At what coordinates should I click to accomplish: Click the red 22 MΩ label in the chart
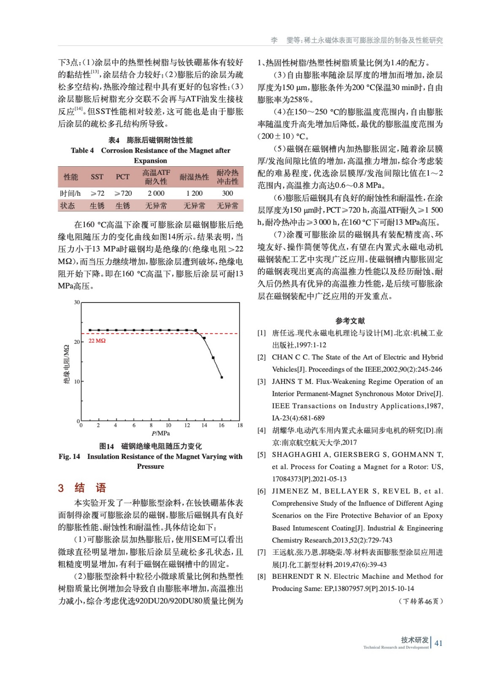[x=97, y=340]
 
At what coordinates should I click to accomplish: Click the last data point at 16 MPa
[x=222, y=377]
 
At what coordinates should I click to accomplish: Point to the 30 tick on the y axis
[x=77, y=302]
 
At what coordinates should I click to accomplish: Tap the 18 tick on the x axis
[x=240, y=425]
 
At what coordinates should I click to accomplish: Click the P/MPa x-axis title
[x=161, y=433]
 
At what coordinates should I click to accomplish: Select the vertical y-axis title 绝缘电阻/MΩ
[x=66, y=364]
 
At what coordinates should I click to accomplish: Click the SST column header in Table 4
[x=97, y=177]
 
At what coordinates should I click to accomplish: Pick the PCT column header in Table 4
[x=122, y=177]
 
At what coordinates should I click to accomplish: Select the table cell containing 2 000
[x=156, y=193]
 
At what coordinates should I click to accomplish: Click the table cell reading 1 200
[x=194, y=193]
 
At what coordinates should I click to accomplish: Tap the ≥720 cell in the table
[x=123, y=193]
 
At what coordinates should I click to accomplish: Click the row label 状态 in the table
[x=68, y=205]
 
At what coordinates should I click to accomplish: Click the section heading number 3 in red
[x=61, y=488]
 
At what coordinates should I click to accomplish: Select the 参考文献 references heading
[x=350, y=321]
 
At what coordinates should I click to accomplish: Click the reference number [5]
[x=262, y=454]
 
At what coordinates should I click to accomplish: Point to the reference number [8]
[x=262, y=576]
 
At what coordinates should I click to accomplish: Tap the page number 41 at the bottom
[x=439, y=643]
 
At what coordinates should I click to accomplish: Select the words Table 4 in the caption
[x=82, y=150]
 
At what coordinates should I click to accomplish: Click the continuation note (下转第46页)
[x=420, y=601]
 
